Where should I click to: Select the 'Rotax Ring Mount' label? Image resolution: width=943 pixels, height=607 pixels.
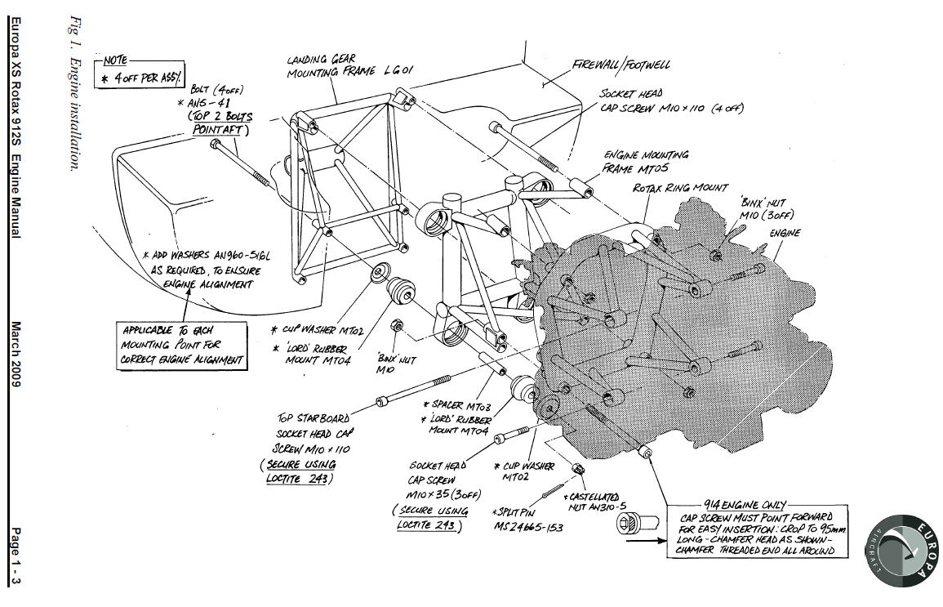tap(680, 188)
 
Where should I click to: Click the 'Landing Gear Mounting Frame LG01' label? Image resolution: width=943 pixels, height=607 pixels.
tap(349, 66)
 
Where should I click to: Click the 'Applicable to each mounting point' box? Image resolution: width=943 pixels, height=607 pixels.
tap(182, 344)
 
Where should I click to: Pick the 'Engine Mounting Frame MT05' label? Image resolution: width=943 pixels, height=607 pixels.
tap(645, 162)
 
